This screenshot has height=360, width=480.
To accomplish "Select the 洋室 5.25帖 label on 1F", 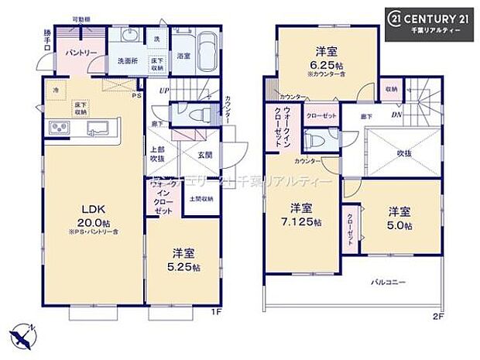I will (x=186, y=258).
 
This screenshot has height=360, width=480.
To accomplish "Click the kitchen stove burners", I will (x=60, y=127).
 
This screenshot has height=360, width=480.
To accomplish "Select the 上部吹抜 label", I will (x=157, y=153).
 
